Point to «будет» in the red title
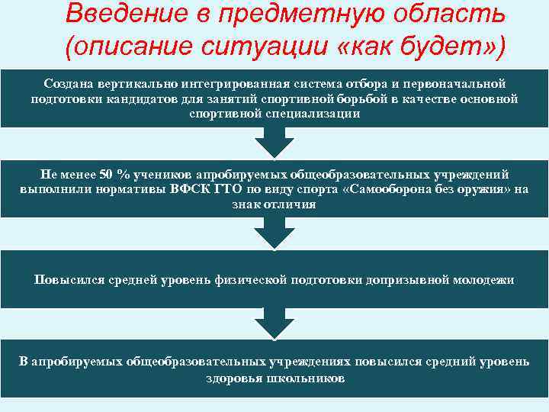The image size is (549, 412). tap(441, 48)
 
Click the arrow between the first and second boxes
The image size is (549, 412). tap(274, 143)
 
